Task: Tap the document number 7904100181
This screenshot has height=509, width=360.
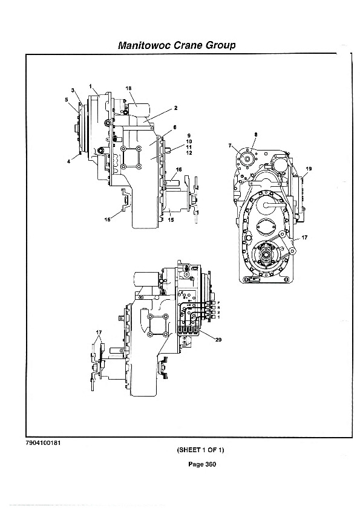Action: [44, 443]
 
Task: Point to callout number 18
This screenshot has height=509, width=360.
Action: [128, 88]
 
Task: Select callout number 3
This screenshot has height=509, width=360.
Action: [73, 90]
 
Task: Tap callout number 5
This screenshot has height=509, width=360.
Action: [67, 100]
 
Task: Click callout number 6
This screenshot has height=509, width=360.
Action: [174, 127]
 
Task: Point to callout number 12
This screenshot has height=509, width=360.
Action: [189, 153]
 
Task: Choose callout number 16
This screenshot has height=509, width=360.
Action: [178, 169]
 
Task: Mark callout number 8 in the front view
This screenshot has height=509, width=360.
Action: [255, 134]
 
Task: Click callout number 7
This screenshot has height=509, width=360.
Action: [230, 146]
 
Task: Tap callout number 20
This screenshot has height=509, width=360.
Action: [218, 340]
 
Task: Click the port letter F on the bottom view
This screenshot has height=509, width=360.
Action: [218, 302]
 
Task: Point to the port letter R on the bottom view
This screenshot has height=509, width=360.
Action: [218, 307]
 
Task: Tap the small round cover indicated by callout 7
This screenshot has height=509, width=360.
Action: [247, 160]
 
